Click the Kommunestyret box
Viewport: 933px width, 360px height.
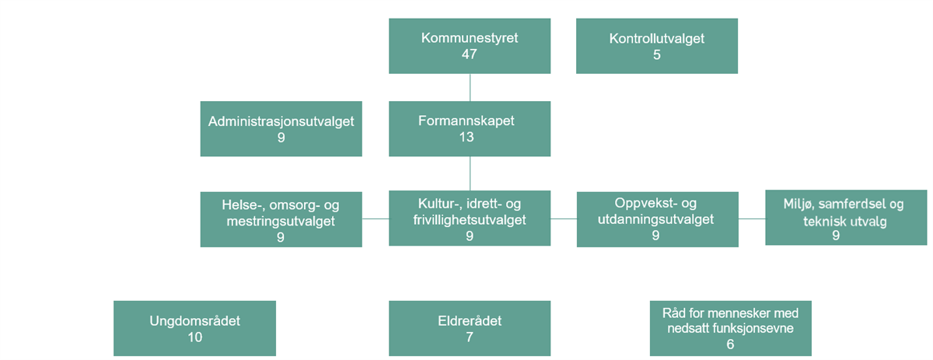tap(470, 46)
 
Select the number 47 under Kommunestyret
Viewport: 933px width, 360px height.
tap(469, 54)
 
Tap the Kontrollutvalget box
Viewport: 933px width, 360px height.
tap(657, 46)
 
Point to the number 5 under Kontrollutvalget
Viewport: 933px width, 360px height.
tap(657, 54)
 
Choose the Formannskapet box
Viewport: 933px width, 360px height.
tap(470, 129)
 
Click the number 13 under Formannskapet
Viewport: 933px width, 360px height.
tap(466, 137)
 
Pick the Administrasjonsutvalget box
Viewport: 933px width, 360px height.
tap(281, 129)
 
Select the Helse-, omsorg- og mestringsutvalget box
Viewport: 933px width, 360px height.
tap(281, 219)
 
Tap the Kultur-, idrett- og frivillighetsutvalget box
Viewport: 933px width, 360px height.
tap(470, 218)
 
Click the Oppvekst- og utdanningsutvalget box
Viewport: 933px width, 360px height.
tap(657, 219)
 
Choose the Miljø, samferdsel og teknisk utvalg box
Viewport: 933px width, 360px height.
tap(846, 218)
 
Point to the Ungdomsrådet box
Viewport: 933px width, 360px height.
tap(194, 328)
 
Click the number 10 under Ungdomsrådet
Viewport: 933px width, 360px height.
tap(194, 337)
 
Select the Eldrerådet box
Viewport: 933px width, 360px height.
tap(470, 328)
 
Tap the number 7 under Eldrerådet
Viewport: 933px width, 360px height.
tap(470, 337)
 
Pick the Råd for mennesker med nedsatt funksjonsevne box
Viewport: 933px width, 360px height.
tap(731, 328)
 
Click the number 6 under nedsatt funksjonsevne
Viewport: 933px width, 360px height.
tap(730, 344)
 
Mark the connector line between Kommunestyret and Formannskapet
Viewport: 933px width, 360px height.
tap(470, 88)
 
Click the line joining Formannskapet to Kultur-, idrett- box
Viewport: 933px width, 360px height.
tap(470, 173)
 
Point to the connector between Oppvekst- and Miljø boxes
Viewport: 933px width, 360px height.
tap(752, 218)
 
